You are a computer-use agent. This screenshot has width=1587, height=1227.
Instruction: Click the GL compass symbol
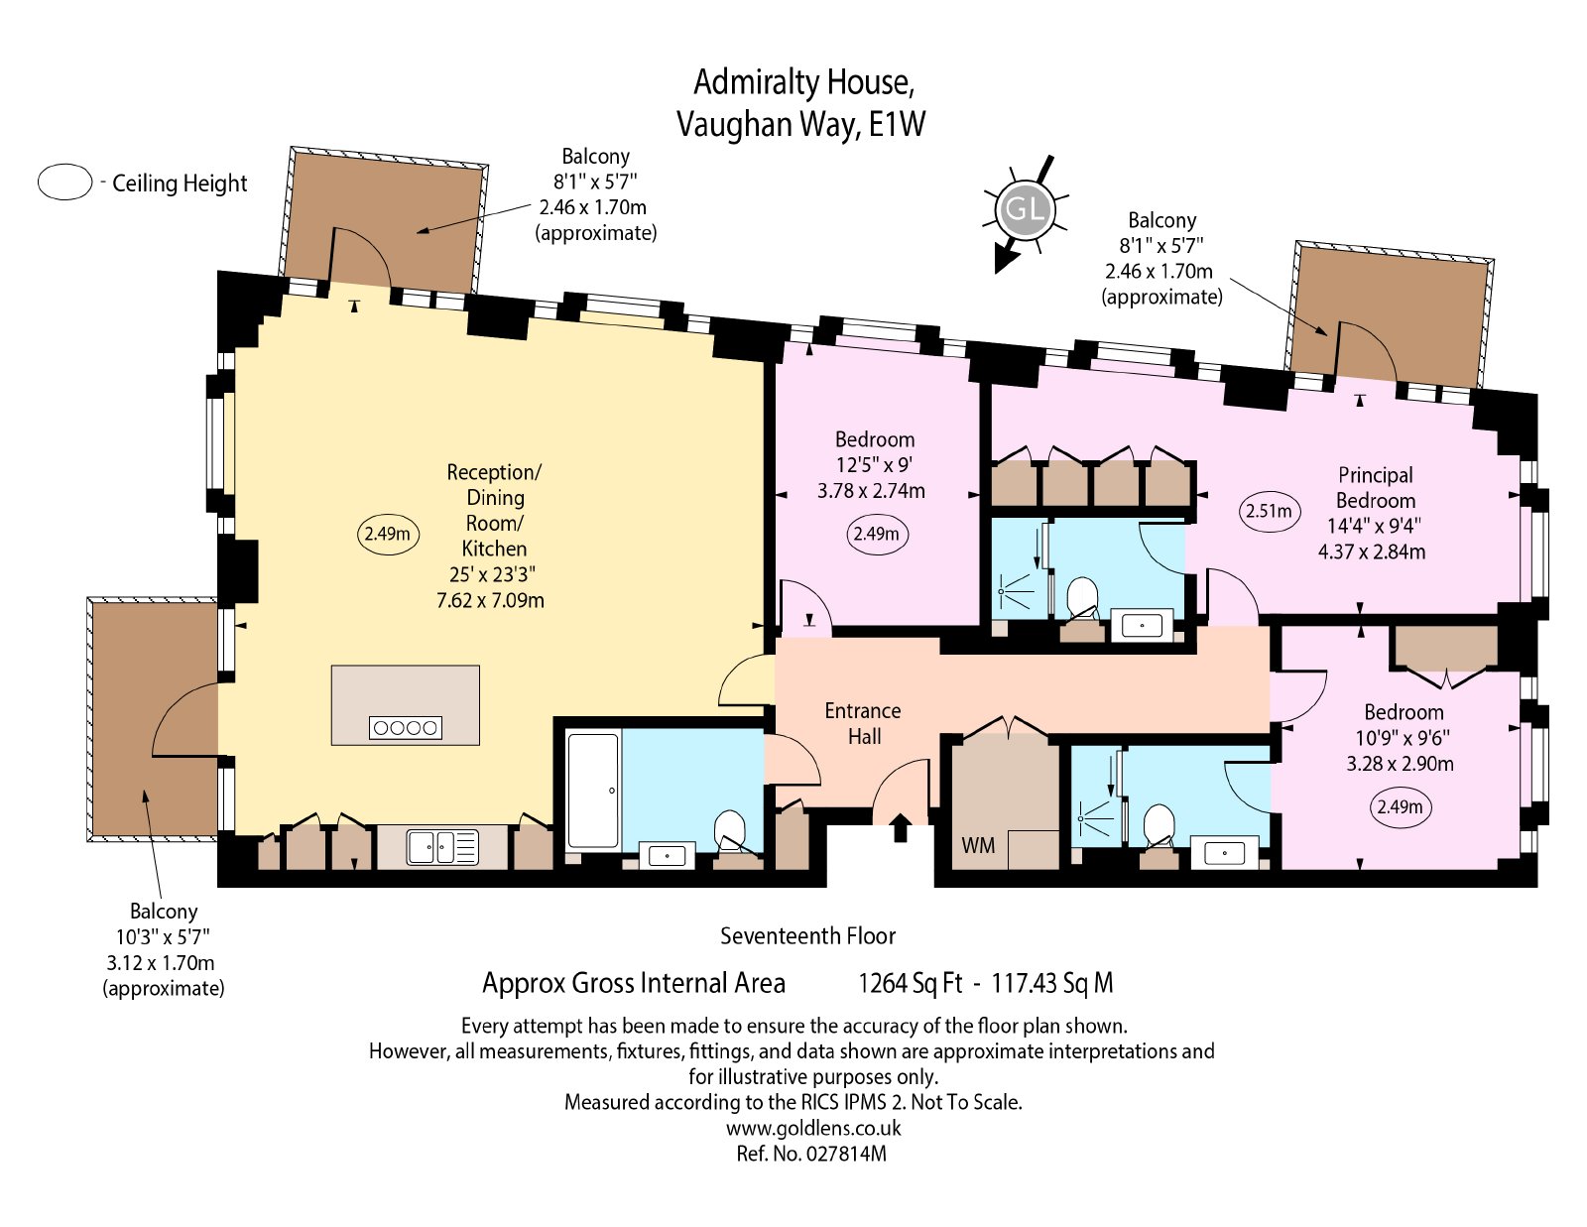[1025, 211]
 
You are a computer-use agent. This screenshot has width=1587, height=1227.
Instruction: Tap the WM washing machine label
[978, 845]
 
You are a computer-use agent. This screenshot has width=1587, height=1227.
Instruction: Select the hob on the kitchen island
[406, 727]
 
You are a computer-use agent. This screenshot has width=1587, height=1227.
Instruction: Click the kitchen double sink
[442, 847]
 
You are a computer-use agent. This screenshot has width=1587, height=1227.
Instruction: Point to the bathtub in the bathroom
[594, 791]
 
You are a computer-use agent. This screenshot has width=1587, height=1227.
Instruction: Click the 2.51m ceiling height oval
[1269, 511]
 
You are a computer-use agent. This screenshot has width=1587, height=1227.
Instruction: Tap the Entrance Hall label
[863, 723]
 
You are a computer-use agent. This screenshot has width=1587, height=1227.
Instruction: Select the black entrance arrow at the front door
[901, 827]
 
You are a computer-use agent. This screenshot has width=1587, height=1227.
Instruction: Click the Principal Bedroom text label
[1375, 488]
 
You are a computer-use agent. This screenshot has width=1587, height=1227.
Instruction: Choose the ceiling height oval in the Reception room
[387, 534]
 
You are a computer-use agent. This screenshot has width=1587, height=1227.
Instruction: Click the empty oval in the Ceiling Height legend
[65, 182]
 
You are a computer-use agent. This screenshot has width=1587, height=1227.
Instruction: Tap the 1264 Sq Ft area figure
[910, 983]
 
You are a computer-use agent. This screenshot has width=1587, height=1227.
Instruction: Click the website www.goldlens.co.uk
[813, 1128]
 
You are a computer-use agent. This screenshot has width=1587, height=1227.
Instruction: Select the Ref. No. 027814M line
[811, 1154]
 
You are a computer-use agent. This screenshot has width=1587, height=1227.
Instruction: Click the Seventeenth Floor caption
[807, 935]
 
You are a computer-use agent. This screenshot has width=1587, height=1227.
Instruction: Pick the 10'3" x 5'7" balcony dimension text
[163, 937]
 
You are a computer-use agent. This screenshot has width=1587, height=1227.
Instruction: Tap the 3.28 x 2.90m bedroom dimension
[1401, 764]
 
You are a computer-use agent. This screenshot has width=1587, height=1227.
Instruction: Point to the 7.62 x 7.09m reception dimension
[490, 600]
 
